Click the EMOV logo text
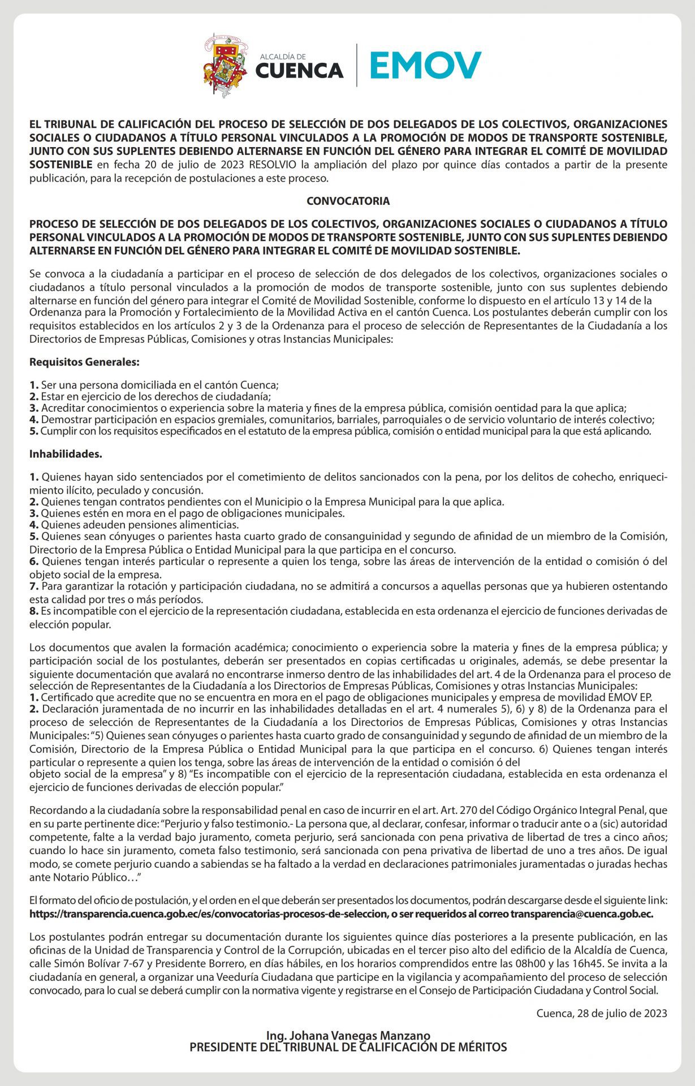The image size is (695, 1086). pos(425,66)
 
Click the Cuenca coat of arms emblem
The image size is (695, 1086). pos(225,65)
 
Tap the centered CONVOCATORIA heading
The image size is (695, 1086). pos(348,201)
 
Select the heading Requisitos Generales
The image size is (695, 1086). pos(84,361)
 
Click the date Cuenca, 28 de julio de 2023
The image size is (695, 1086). pos(602,1012)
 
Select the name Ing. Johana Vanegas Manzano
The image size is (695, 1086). pos(348,1036)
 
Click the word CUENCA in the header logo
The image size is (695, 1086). pos(299,71)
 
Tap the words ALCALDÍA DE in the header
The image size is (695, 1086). pos(283,57)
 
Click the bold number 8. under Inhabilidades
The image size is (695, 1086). pos(34,611)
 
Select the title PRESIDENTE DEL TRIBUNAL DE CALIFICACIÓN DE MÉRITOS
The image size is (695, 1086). pos(348,1047)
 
